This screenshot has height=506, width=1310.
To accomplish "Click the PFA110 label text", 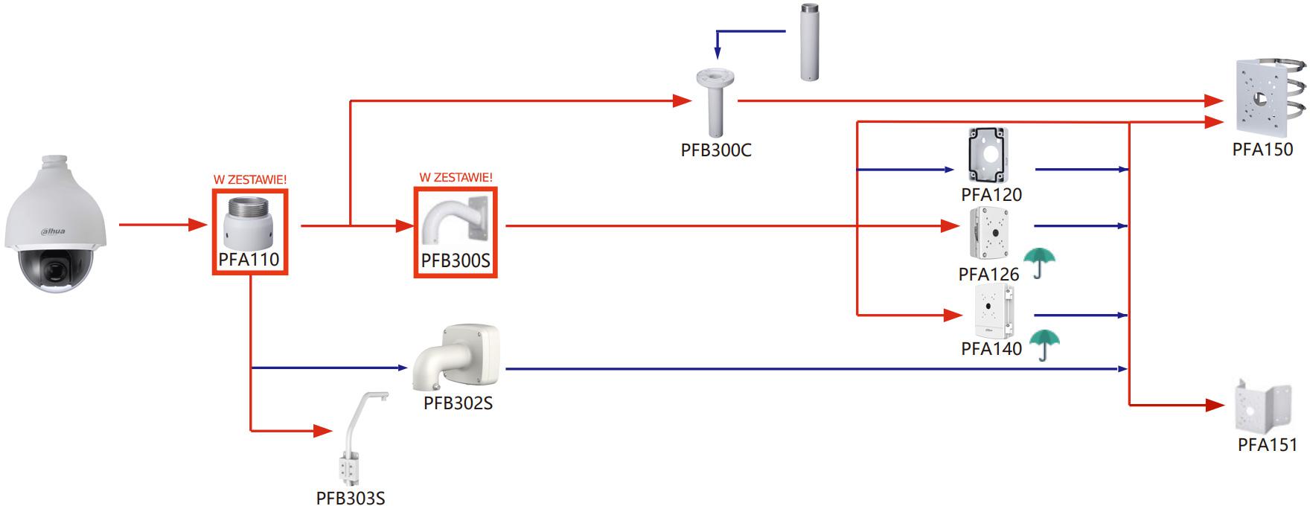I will tap(249, 259).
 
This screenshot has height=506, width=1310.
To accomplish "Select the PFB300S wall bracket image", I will tap(455, 222).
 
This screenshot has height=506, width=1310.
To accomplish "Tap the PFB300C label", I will tap(716, 150).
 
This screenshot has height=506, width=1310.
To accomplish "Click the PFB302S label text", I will tap(458, 403).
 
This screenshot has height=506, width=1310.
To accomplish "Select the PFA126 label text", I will tap(988, 275).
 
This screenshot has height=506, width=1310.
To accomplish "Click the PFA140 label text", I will tap(991, 348).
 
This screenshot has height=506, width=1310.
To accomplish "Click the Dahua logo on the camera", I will tap(52, 231).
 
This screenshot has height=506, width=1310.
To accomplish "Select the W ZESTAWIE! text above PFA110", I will tap(249, 179).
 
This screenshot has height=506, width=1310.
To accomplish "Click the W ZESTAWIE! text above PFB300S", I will tap(456, 178).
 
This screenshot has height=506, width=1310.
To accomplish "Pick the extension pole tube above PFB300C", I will tap(809, 42).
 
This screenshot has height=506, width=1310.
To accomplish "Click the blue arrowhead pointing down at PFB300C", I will tap(718, 53).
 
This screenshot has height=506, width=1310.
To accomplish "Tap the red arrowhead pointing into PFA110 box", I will tap(198, 225).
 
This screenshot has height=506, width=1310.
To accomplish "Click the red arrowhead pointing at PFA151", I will tap(1215, 406).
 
